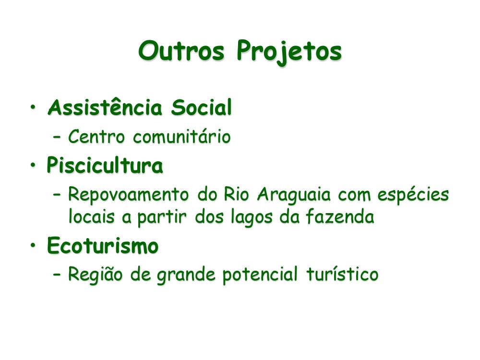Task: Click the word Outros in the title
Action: tap(181, 50)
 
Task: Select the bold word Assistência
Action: tap(105, 107)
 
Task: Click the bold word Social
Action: tap(202, 107)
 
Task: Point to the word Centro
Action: tap(96, 136)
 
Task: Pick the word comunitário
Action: tap(182, 136)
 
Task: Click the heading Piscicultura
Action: tap(105, 165)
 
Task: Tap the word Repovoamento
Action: tap(128, 195)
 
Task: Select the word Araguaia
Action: tap(294, 195)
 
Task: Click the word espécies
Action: tap(413, 195)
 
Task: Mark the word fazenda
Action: tap(340, 216)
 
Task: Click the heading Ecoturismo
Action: tap(103, 245)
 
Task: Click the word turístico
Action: tap(342, 274)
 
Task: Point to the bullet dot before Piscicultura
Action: tap(33, 165)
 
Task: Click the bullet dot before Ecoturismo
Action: tap(33, 245)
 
